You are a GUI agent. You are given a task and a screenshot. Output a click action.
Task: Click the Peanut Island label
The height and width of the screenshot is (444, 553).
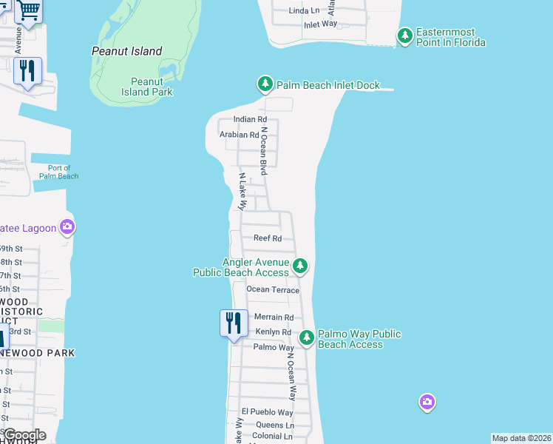(x=126, y=51)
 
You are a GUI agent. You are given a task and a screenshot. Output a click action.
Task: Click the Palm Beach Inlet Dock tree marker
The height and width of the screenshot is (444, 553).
(x=265, y=84)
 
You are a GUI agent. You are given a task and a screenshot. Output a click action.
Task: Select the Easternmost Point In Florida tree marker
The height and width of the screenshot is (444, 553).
(x=404, y=36)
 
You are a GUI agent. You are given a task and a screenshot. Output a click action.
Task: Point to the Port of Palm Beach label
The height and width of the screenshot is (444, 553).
(x=58, y=172)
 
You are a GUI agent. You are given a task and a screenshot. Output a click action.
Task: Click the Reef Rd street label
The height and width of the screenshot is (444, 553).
(x=268, y=238)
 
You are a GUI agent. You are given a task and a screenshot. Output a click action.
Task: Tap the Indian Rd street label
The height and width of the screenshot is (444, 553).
(x=249, y=119)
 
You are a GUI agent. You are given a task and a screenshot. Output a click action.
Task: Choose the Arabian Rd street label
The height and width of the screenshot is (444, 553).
(x=240, y=135)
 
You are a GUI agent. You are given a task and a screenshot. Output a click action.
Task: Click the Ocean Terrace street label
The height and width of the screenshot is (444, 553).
(x=273, y=290)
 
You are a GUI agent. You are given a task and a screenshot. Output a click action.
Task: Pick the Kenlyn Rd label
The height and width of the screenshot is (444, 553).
(x=274, y=332)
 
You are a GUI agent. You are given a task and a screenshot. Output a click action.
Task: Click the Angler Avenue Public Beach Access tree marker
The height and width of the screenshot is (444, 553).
(x=300, y=266)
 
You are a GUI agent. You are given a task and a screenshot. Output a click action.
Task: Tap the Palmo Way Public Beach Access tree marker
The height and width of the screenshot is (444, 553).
(x=307, y=338)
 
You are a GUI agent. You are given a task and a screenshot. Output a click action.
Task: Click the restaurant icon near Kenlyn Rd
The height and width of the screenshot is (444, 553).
(x=234, y=323)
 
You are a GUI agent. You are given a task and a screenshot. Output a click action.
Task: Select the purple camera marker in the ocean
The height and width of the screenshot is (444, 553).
(x=427, y=403)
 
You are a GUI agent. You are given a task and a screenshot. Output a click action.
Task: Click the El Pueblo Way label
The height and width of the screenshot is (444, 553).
(x=267, y=412)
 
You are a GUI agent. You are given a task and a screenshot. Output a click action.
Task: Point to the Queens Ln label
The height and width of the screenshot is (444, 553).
(x=274, y=425)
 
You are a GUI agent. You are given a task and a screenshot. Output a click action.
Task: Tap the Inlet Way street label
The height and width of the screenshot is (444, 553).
(x=320, y=24)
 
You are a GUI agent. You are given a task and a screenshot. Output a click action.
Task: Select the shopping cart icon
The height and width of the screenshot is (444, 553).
(x=28, y=10)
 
